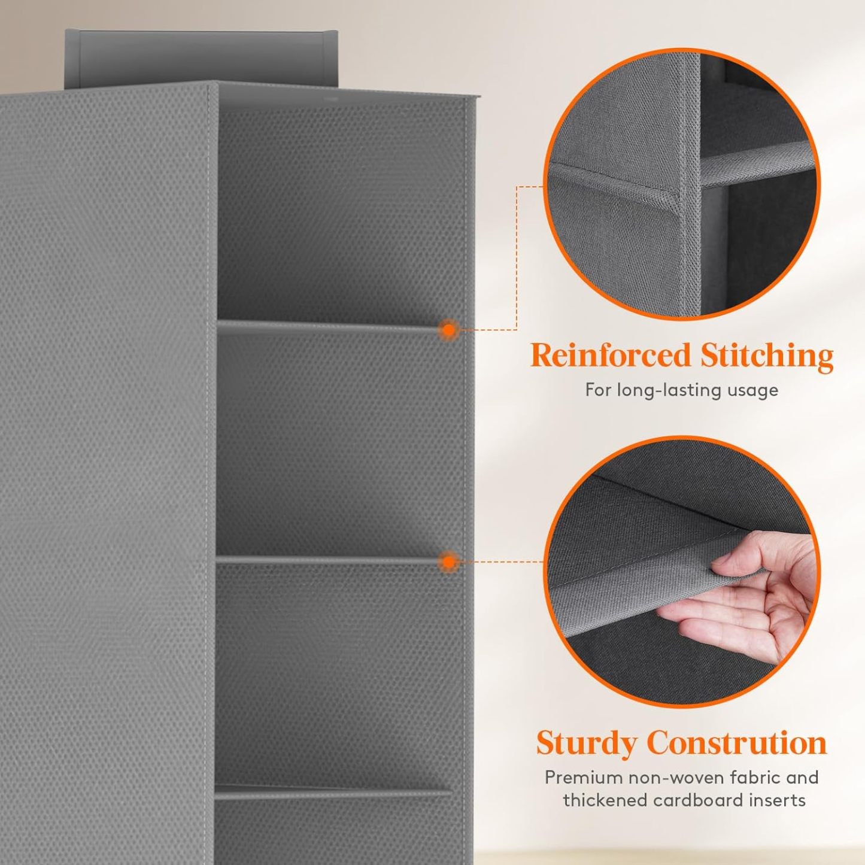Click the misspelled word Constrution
pos(738,742)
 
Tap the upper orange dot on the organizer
pos(448,330)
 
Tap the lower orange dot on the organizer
pos(448,562)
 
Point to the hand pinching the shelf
pos(740,597)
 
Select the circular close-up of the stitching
pos(682,184)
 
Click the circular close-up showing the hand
pos(682,572)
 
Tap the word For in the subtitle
pos(599,390)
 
